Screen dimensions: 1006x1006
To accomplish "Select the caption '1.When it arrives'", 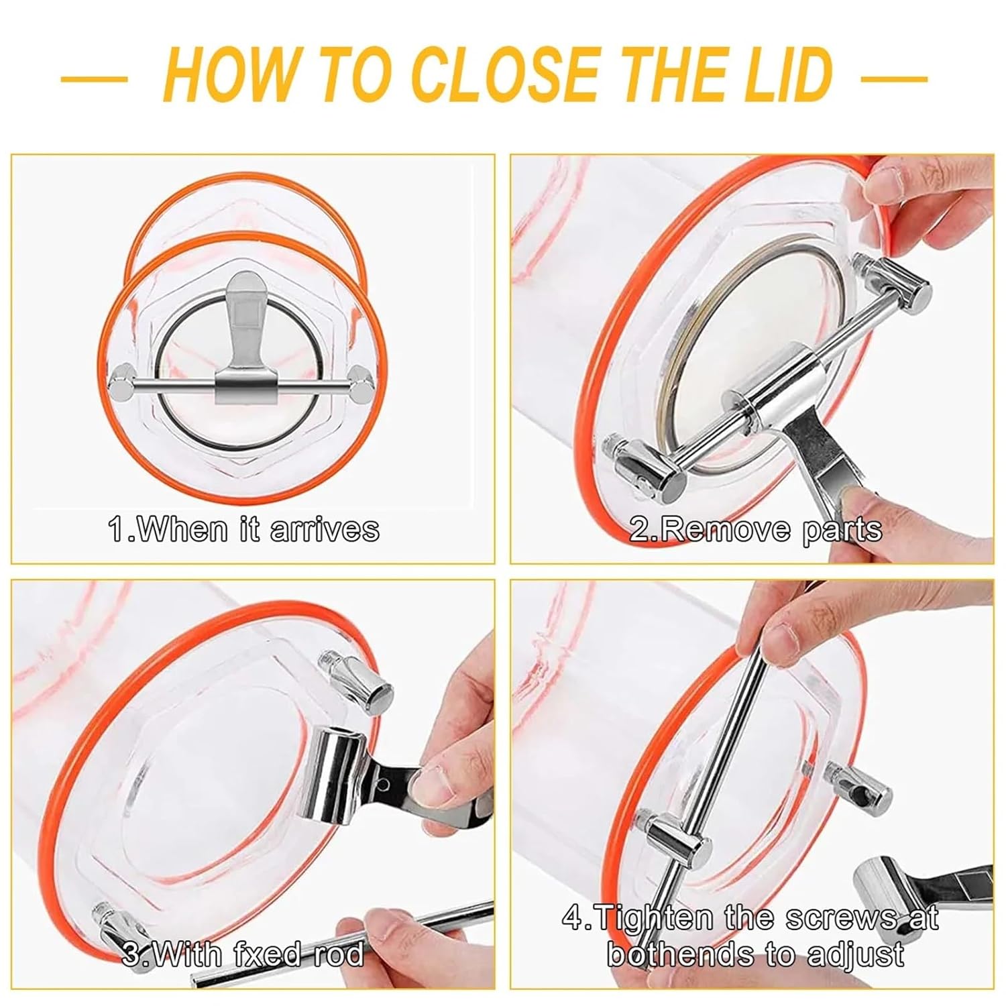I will (243, 530).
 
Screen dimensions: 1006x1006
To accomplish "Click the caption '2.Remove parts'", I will (756, 530).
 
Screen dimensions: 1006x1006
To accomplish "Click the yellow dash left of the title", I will (94, 78).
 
